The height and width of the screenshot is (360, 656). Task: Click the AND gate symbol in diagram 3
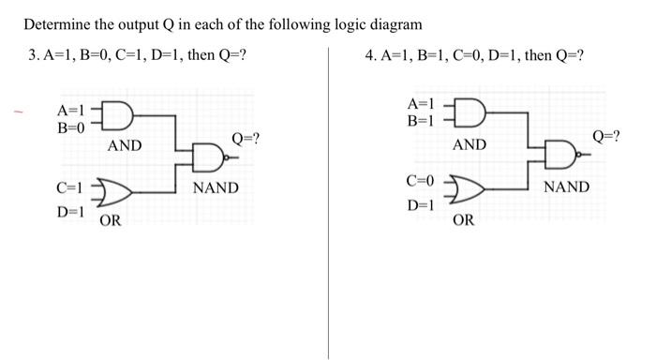120,117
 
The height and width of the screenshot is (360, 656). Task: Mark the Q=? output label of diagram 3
246,139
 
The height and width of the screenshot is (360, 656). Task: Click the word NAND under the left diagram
216,188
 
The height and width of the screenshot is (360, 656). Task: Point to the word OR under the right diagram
463,221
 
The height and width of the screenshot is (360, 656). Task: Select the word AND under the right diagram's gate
470,144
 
